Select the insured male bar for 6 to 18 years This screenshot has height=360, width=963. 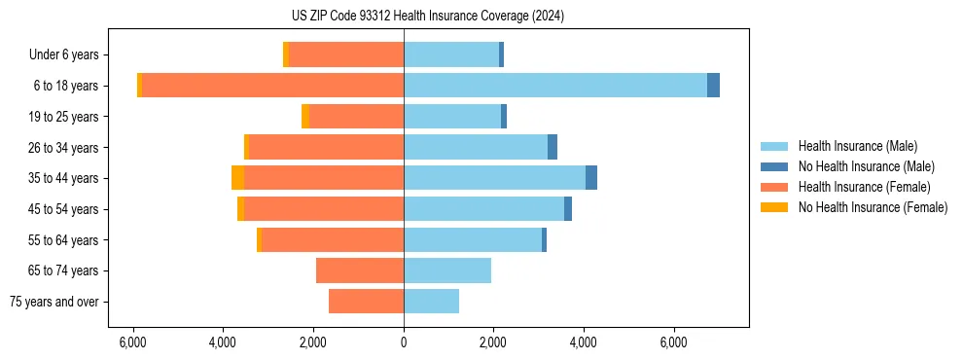(x=554, y=86)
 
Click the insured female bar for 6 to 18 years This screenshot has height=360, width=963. (x=272, y=86)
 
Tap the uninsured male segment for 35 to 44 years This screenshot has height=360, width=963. (x=591, y=178)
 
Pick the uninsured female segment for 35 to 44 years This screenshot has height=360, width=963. (x=237, y=178)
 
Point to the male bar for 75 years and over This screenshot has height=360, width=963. (x=431, y=302)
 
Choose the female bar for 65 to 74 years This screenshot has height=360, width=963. (x=360, y=270)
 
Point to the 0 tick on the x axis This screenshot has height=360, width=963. (x=404, y=342)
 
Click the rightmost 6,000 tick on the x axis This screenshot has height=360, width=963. (x=674, y=342)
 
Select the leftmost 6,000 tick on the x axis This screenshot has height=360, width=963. (x=132, y=342)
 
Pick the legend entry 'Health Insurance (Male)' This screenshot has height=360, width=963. (x=857, y=146)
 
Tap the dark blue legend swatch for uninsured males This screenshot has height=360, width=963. (x=774, y=166)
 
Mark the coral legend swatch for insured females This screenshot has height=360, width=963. (x=774, y=187)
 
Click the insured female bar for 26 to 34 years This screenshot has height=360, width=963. (x=326, y=147)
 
